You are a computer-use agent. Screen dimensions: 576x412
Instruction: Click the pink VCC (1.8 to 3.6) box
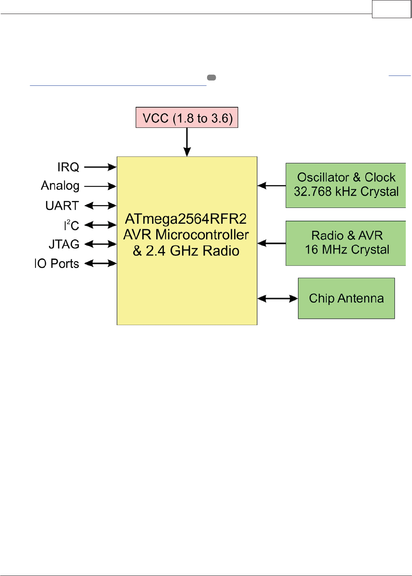[187, 118]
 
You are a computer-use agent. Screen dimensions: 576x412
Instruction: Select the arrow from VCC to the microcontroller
[187, 142]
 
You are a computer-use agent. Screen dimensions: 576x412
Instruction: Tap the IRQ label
[68, 167]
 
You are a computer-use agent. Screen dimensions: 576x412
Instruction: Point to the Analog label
[60, 186]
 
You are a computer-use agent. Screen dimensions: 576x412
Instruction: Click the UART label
[62, 205]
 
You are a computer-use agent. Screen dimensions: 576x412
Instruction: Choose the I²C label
[71, 225]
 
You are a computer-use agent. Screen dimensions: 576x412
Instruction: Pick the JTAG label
[64, 244]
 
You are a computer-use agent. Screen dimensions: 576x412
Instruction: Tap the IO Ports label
[57, 264]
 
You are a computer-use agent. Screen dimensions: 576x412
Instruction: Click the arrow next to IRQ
[100, 167]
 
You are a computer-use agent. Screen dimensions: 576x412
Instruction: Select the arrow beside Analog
[100, 186]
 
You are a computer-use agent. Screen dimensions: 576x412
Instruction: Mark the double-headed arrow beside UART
[100, 205]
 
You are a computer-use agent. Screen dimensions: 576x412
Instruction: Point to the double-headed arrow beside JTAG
[100, 244]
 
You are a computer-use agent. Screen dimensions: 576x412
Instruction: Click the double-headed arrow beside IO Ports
[100, 263]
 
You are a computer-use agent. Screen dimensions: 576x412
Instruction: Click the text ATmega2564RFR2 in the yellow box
[186, 219]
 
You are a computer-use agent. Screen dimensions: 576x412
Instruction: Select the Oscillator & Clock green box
[346, 185]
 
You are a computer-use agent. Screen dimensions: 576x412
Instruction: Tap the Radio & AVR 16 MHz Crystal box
[346, 243]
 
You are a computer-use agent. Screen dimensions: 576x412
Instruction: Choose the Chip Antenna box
[346, 298]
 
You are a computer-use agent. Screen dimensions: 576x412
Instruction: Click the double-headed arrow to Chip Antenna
[278, 298]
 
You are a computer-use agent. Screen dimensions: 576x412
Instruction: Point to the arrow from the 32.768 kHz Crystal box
[271, 186]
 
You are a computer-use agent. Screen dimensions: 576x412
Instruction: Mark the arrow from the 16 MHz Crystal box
[271, 243]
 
